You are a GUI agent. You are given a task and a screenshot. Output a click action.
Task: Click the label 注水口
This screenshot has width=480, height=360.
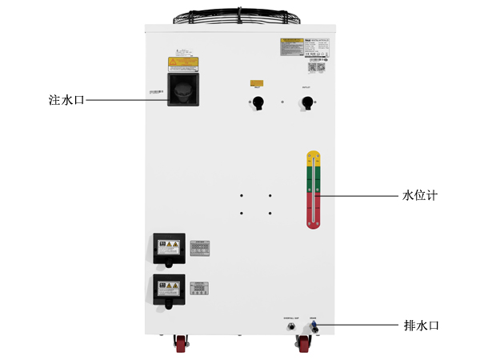point(66,101)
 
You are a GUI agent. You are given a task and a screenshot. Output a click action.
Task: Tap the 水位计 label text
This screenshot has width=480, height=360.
point(420,195)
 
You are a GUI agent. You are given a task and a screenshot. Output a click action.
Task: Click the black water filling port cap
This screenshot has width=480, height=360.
point(183,88)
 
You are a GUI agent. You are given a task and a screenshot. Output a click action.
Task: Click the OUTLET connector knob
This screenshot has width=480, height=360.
point(306,102)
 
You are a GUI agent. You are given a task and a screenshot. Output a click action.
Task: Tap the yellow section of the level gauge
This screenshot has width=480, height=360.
point(314,158)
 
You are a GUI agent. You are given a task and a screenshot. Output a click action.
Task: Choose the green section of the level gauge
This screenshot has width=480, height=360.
point(314,178)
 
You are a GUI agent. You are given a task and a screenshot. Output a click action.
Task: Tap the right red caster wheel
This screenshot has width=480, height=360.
point(304,345)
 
